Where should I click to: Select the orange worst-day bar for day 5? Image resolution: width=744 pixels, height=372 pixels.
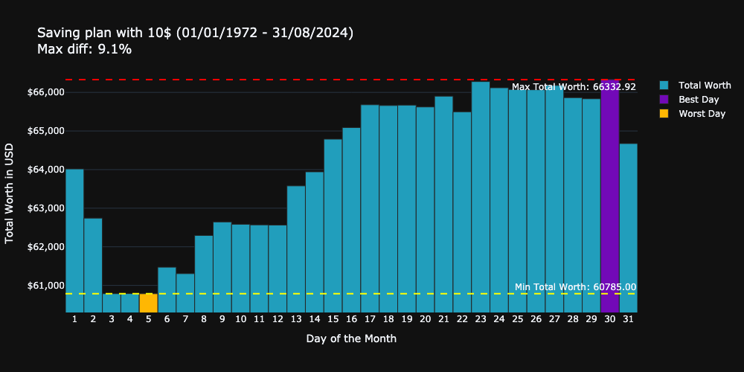[x=148, y=303]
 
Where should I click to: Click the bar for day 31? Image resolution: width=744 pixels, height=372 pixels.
[x=628, y=228]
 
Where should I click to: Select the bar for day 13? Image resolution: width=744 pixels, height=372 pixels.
[x=296, y=248]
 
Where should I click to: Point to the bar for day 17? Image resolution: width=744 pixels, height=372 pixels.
[x=370, y=208]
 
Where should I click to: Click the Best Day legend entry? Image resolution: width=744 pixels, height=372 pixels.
[x=698, y=100]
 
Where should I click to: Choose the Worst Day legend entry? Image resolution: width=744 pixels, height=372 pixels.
[x=701, y=114]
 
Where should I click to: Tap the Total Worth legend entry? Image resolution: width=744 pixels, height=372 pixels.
[x=704, y=86]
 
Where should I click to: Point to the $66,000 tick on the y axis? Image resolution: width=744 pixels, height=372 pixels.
[x=45, y=92]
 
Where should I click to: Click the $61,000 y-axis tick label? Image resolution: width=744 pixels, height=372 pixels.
[x=45, y=286]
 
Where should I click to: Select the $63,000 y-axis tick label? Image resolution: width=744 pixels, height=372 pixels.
[x=45, y=208]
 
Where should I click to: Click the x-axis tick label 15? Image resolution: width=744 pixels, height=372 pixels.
[x=333, y=319]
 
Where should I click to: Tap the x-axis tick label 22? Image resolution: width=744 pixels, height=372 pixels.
[x=462, y=319]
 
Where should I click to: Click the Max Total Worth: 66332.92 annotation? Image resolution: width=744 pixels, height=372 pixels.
[x=574, y=87]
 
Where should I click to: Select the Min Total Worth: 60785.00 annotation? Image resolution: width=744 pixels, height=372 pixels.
[x=575, y=287]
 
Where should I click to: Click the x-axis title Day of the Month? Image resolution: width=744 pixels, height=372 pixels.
[x=351, y=339]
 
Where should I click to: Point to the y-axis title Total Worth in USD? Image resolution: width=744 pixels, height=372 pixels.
[x=10, y=193]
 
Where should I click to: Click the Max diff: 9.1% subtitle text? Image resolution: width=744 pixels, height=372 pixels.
[x=84, y=50]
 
